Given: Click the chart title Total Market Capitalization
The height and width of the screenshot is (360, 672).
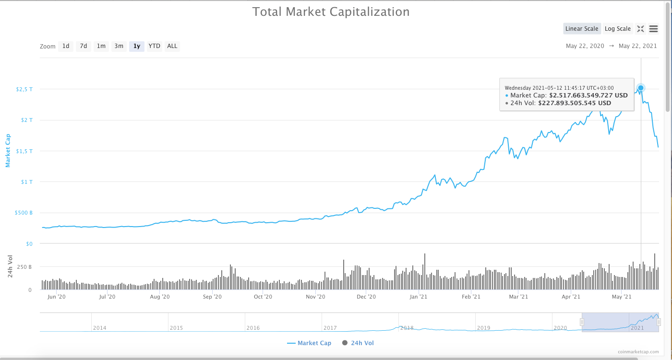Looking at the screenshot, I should (x=331, y=12).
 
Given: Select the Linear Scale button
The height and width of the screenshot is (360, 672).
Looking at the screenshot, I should (x=582, y=29).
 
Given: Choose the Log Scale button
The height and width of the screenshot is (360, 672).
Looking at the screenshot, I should (x=617, y=29).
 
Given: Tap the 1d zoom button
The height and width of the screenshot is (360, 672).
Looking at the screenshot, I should (x=66, y=46).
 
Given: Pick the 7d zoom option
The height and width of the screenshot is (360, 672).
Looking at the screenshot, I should (x=84, y=46).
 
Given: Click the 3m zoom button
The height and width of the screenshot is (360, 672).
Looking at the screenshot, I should (x=119, y=46).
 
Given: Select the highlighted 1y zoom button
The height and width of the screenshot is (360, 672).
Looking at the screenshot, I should (x=137, y=46).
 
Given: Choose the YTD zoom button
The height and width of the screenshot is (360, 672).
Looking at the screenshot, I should (x=154, y=46).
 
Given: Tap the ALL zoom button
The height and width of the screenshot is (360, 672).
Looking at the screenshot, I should (x=172, y=46).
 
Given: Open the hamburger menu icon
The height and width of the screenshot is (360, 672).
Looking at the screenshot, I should (x=653, y=29).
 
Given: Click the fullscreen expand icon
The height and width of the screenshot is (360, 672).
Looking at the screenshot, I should (x=640, y=29).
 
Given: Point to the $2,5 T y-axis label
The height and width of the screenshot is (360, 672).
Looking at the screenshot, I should (x=24, y=89).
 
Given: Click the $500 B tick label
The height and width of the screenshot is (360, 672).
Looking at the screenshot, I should (x=24, y=213).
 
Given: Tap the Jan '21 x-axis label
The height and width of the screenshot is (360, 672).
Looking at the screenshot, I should (x=419, y=297).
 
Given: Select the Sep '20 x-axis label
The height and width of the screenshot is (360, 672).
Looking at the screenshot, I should (x=212, y=297).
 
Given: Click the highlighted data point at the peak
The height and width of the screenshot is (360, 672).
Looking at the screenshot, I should (x=641, y=88).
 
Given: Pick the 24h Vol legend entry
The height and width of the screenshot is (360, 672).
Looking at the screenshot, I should (x=358, y=343).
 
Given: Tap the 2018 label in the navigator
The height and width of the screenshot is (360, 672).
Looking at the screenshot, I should (x=407, y=328).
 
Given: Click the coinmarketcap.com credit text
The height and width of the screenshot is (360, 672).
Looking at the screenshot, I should (x=638, y=352).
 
